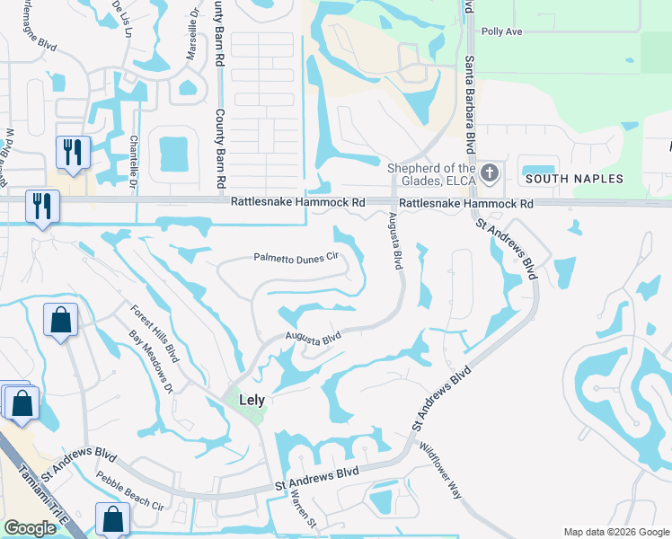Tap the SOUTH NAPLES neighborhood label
(574, 179)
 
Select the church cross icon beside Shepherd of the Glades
(489, 172)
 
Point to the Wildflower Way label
(440, 469)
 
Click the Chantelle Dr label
(132, 161)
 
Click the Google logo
(30, 528)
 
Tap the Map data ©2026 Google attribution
(615, 532)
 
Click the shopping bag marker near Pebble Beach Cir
(112, 518)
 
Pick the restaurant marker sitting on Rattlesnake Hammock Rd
(41, 206)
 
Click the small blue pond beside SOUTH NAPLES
(538, 169)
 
